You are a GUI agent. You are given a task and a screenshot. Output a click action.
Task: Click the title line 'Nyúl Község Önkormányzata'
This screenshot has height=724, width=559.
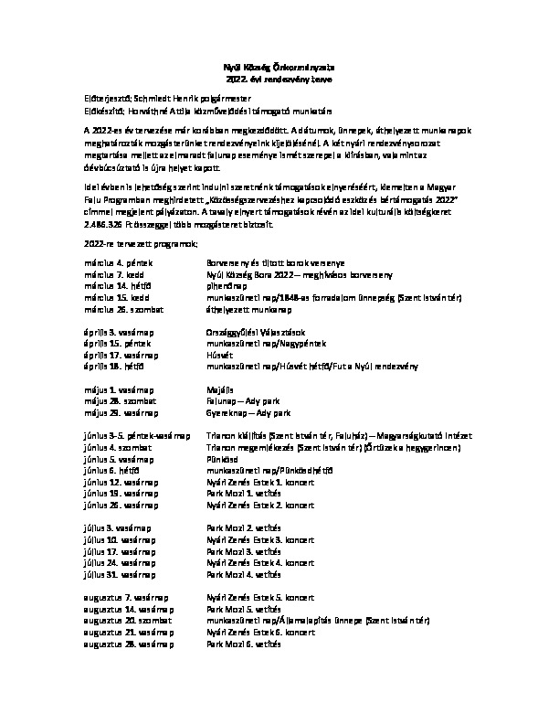click(279, 67)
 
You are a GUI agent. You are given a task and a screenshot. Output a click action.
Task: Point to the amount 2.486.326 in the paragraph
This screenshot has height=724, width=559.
click(104, 224)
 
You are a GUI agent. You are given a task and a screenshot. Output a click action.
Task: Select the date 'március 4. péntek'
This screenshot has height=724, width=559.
click(113, 263)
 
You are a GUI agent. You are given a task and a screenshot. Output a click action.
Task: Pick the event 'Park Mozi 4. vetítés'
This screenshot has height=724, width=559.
click(242, 574)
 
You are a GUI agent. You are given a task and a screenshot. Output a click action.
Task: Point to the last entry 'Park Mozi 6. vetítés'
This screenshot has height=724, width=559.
click(242, 643)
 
